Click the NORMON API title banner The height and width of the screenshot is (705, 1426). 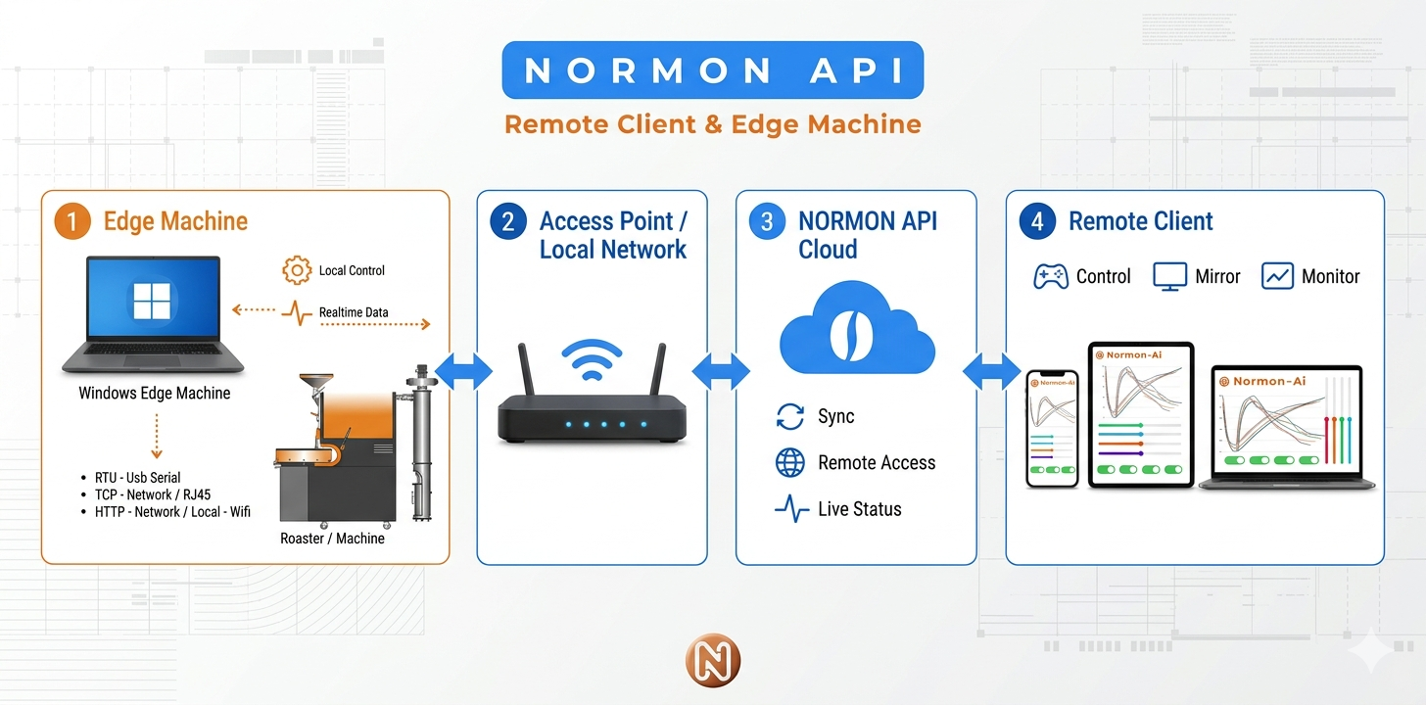pos(712,70)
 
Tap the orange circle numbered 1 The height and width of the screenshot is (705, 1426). pos(71,221)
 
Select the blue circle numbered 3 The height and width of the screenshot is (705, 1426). pos(767,221)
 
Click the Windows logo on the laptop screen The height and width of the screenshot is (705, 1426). pos(152,301)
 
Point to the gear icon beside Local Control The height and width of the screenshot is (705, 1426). pos(297,270)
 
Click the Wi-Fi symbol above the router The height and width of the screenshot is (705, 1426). pos(592,359)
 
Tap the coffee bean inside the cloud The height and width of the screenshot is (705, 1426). pos(851,335)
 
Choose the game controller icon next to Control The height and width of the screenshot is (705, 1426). pos(1050,277)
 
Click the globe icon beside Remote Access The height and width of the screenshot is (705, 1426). pos(790,462)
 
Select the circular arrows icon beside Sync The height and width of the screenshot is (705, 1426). pos(790,417)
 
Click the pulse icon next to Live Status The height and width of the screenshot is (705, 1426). pos(792,509)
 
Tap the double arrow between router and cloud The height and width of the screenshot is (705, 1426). pos(721,371)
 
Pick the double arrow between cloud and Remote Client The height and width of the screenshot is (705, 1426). pos(991,371)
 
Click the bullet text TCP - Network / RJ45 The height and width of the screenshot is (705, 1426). pos(153,495)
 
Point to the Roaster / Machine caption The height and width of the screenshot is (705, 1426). pos(332,539)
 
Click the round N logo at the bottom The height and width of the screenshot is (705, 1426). pos(713,661)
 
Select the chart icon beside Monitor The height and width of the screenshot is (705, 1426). pos(1277,276)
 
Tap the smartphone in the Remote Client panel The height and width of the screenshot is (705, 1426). pos(1052,428)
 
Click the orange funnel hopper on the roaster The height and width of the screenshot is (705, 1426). pos(315,383)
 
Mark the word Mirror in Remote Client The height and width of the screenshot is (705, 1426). pos(1217,277)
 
